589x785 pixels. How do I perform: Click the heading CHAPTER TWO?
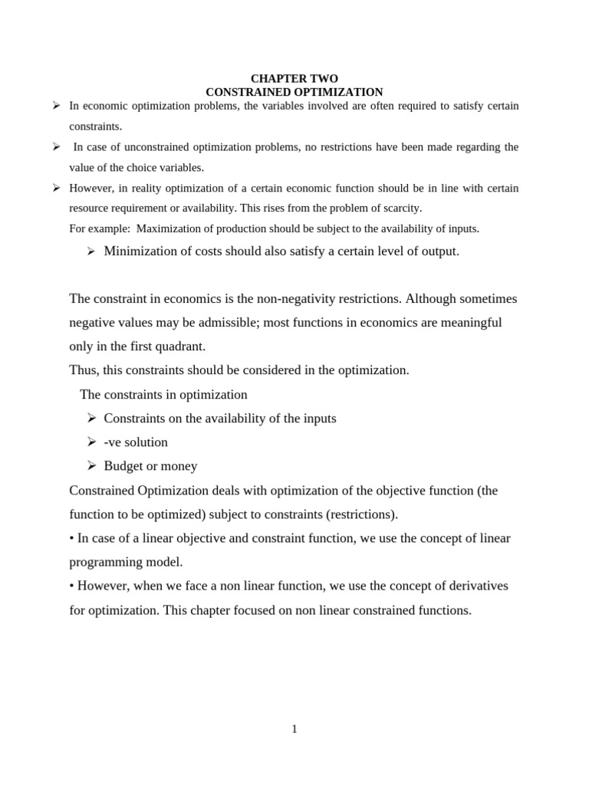(294, 78)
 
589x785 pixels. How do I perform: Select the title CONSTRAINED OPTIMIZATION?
(294, 92)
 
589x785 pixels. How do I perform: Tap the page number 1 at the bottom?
(294, 729)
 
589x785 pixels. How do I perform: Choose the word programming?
(104, 562)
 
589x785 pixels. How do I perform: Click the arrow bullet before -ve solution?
(91, 442)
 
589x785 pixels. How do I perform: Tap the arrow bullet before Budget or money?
(91, 466)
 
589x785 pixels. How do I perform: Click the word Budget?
(123, 466)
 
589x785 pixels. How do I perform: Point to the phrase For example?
(95, 228)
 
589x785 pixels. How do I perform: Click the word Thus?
(83, 370)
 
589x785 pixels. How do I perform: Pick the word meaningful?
(469, 322)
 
